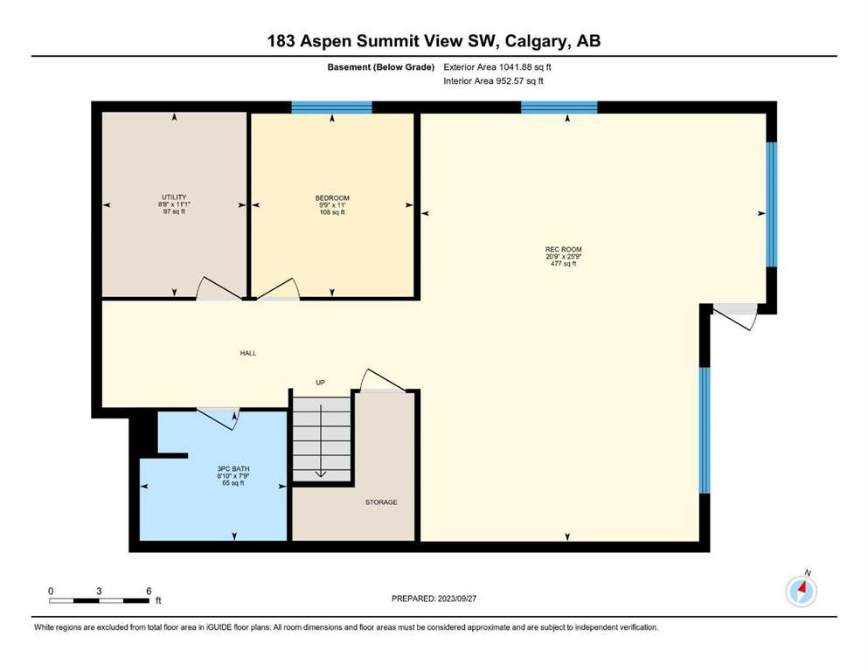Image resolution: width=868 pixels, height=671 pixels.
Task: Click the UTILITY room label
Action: (174, 197)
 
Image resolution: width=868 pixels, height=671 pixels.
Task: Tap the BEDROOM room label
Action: (332, 198)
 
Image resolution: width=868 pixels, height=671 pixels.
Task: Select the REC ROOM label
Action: (563, 250)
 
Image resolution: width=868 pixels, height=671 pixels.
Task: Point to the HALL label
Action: (248, 353)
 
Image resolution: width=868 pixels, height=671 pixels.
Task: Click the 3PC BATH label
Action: (233, 469)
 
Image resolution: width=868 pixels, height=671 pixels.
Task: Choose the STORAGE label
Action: (381, 502)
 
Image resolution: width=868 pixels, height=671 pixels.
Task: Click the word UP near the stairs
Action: (320, 383)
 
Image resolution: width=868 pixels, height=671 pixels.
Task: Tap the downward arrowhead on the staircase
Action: (321, 473)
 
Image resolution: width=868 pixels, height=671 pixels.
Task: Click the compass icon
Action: (801, 591)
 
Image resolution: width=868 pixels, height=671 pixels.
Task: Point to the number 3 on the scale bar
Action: (99, 591)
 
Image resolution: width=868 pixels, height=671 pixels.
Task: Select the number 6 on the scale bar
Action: (149, 591)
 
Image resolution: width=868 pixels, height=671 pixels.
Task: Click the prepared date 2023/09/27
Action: (456, 598)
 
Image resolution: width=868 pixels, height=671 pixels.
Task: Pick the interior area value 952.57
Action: (510, 80)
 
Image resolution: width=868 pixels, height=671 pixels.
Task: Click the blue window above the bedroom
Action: (331, 107)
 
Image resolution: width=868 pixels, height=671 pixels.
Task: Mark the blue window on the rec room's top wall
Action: (559, 107)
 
